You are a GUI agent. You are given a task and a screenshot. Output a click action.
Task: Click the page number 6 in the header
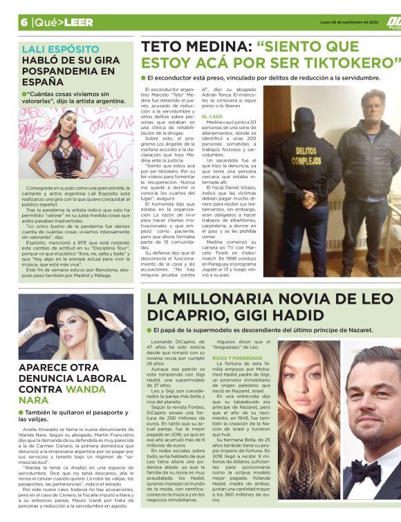point(24,22)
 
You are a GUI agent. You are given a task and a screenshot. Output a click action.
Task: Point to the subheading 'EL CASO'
point(212,117)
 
